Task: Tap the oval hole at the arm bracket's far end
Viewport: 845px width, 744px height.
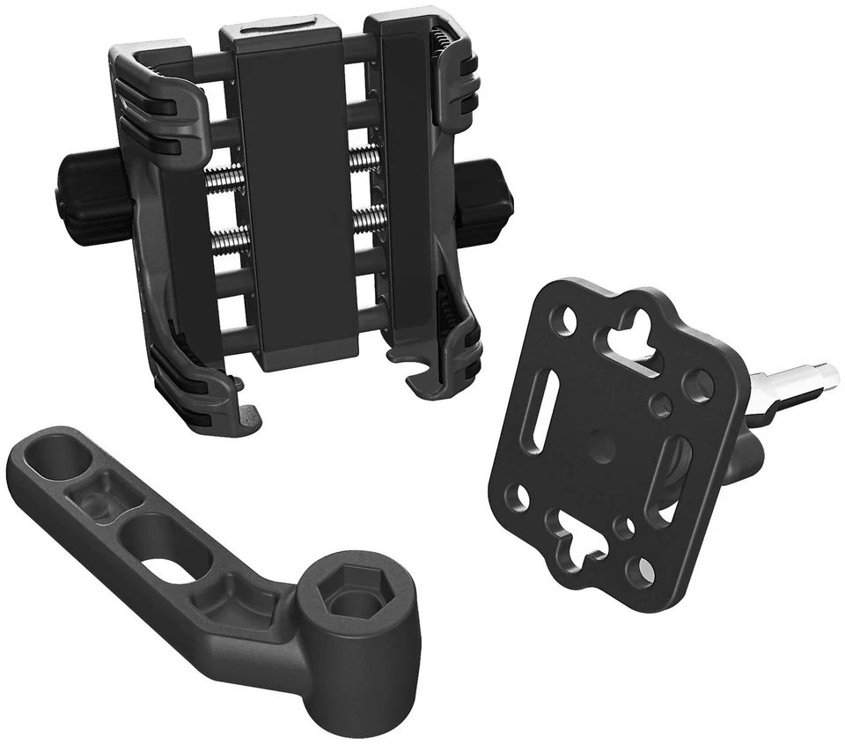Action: [x=55, y=460]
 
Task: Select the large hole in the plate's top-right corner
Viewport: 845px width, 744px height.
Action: [x=699, y=384]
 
